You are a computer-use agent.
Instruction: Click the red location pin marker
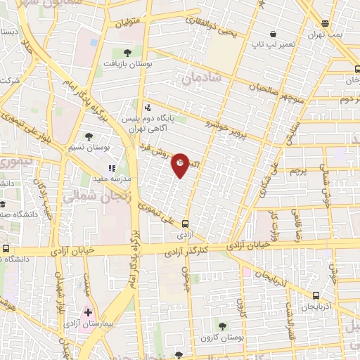(181, 165)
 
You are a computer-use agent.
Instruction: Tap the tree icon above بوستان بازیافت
(127, 52)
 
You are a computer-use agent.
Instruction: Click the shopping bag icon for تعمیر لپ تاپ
(274, 33)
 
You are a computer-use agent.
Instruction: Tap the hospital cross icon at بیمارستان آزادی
(87, 312)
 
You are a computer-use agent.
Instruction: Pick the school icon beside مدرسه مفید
(112, 169)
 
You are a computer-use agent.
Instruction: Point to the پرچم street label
(297, 171)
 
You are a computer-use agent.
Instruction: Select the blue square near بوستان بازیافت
(94, 42)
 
